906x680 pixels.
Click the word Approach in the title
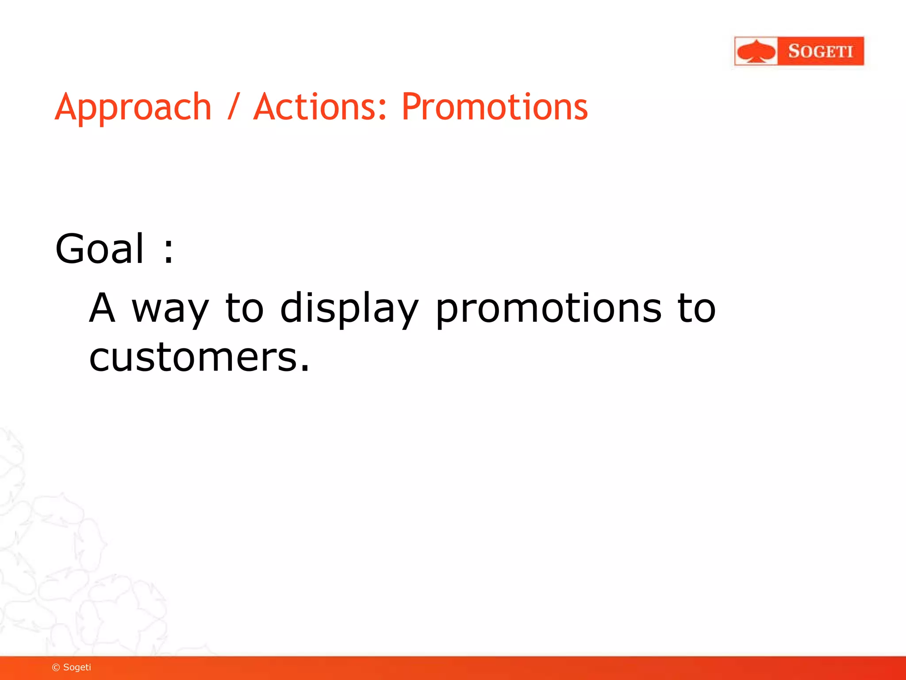click(133, 108)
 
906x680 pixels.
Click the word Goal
click(100, 249)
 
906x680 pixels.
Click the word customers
click(192, 357)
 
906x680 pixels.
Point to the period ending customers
click(304, 368)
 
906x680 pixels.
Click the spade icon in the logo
click(756, 51)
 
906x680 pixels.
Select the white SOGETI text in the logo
click(821, 51)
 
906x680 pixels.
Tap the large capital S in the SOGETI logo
click(794, 51)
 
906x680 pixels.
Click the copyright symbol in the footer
click(56, 668)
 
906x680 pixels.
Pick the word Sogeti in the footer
click(77, 668)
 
